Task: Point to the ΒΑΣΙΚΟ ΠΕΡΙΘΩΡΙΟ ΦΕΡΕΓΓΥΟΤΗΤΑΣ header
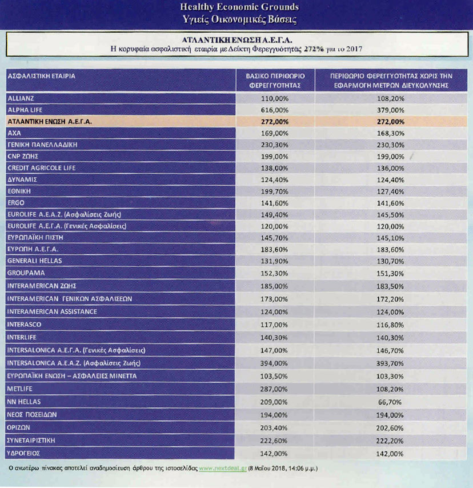click(x=275, y=80)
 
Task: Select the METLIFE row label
click(x=19, y=389)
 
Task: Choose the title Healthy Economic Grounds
click(x=239, y=7)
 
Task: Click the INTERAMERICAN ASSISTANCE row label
click(x=52, y=311)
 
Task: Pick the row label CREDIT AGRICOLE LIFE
click(x=41, y=168)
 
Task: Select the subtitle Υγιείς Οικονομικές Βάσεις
click(x=239, y=19)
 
